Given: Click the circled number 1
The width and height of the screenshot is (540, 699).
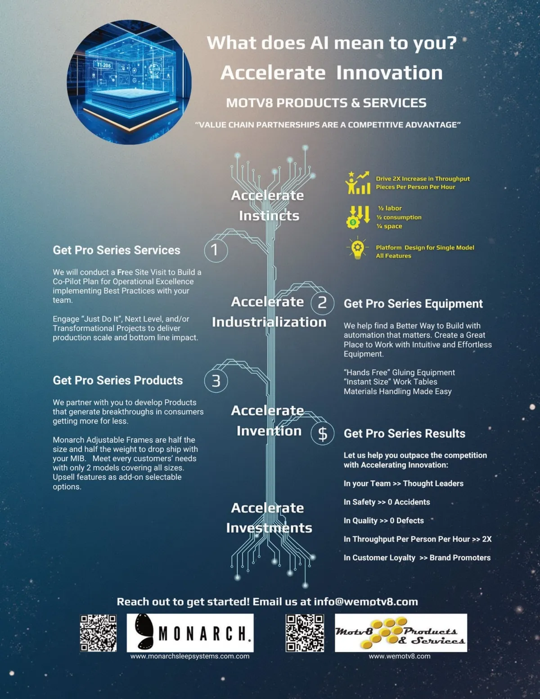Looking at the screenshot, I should (216, 250).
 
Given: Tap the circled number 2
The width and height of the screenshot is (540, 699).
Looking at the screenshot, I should (322, 302).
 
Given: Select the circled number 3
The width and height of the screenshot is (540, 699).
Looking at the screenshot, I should (216, 381).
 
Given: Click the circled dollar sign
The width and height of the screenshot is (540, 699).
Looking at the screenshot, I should (322, 433).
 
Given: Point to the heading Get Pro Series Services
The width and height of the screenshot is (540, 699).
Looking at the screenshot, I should (117, 250).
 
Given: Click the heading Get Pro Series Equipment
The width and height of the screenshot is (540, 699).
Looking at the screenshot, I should (413, 304).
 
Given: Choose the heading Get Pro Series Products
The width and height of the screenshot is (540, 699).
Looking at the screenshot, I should (118, 380).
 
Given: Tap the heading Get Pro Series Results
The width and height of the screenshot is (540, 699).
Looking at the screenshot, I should (405, 433).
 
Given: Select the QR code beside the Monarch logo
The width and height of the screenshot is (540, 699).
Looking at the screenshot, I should (98, 633).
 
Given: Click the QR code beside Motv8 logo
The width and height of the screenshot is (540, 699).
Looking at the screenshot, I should (305, 633).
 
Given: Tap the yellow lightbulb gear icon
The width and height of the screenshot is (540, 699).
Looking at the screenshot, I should (357, 248).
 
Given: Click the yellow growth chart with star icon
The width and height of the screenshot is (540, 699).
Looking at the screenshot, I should (358, 183).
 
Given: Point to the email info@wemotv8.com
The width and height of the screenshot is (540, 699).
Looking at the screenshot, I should (366, 602).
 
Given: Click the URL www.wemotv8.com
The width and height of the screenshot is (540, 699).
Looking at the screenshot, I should (400, 656).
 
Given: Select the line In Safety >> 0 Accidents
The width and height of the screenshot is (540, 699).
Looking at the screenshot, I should (387, 502).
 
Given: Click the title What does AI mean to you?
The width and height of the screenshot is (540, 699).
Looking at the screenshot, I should (332, 43).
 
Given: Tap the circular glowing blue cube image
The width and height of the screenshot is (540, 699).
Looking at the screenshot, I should (129, 82).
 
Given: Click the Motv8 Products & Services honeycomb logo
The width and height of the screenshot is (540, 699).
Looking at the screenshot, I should (400, 633).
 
